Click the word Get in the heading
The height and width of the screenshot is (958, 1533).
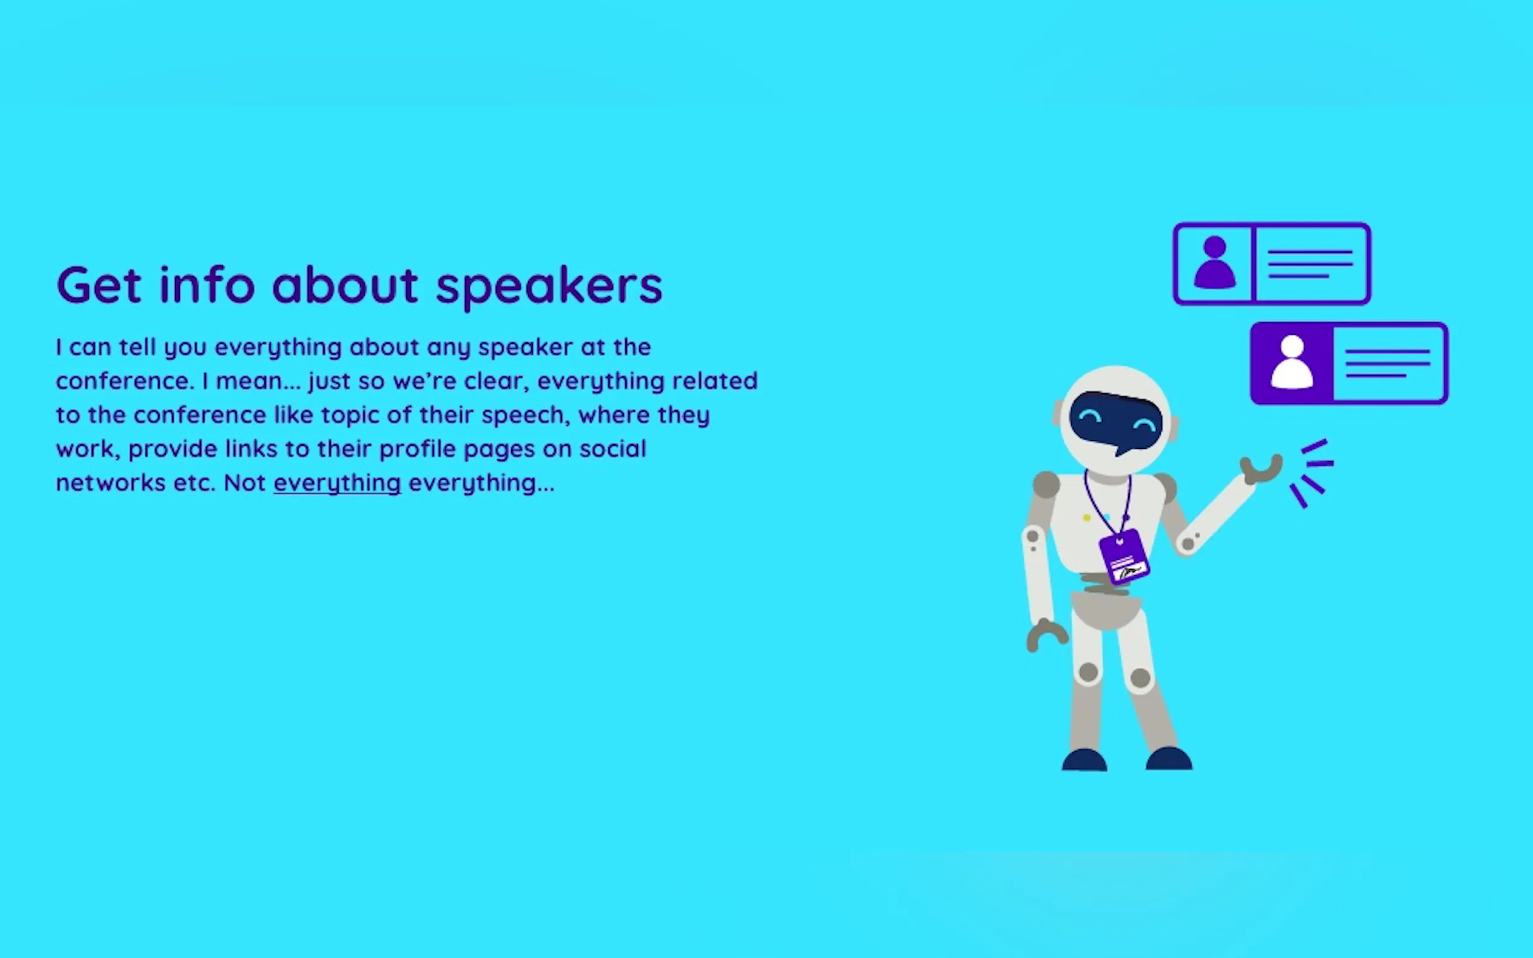coord(99,285)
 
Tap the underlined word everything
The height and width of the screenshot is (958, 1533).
coord(337,483)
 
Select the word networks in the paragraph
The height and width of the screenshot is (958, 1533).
coord(111,483)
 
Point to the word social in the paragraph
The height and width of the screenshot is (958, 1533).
coord(613,449)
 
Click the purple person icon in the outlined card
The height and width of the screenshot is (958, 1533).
coord(1214,263)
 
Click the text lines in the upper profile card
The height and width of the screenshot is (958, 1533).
coord(1310,264)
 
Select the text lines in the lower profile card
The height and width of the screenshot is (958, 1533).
coord(1387,363)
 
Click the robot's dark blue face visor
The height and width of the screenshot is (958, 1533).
coord(1116,421)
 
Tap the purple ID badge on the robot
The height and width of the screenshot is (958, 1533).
coord(1124,557)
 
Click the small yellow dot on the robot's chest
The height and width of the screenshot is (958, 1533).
coord(1087,518)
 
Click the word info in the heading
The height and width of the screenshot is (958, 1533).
coord(207,285)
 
